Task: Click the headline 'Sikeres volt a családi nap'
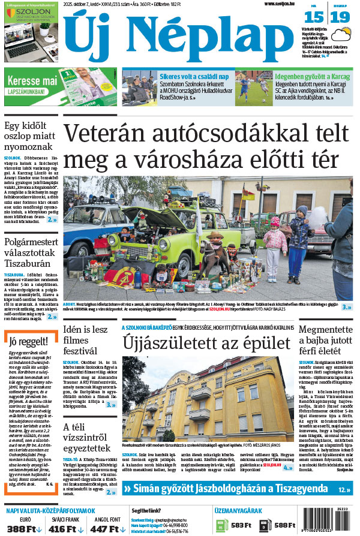[x=194, y=77]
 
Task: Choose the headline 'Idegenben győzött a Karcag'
[x=313, y=77]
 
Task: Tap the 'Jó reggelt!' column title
[x=28, y=342]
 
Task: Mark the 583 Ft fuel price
[x=241, y=525]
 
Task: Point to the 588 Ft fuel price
[x=283, y=525]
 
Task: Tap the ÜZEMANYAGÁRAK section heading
[x=239, y=510]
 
